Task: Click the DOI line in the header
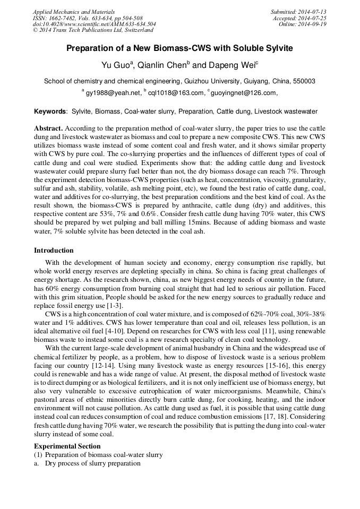point(94,24)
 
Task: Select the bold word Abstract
point(48,129)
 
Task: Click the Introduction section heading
point(54,251)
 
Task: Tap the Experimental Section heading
point(67,446)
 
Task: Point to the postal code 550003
point(304,82)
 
